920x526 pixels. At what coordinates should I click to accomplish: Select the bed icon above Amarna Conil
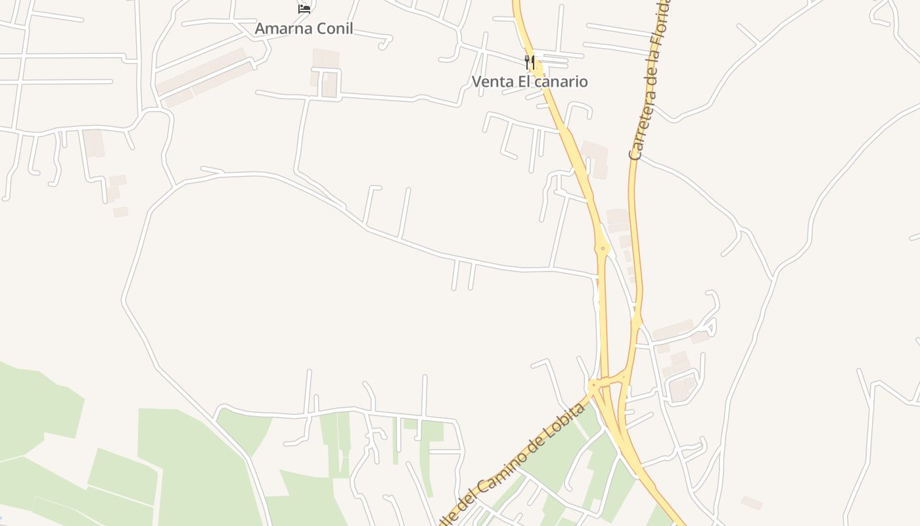point(304,9)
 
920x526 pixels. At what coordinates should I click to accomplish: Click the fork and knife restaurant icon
point(530,62)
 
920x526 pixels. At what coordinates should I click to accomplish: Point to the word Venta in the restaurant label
point(491,82)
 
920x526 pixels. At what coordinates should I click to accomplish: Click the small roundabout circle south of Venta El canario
point(603,249)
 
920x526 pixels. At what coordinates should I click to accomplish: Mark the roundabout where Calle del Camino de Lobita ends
point(593,385)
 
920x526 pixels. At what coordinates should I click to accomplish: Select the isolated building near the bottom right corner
point(752,503)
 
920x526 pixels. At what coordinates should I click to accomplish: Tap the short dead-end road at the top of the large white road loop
point(212,170)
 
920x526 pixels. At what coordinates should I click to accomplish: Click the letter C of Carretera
point(635,154)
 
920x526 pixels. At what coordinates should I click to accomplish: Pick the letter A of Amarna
point(260,28)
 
